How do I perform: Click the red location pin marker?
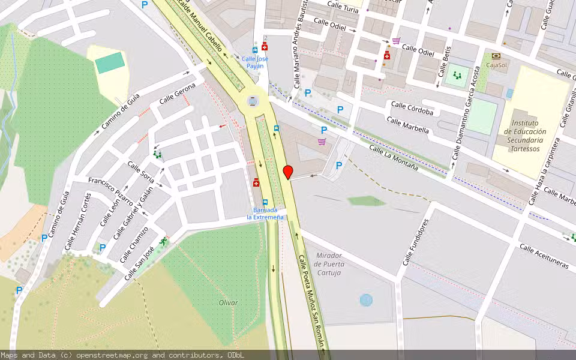pyautogui.click(x=288, y=172)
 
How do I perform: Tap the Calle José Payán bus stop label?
pyautogui.click(x=255, y=62)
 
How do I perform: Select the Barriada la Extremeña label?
pyautogui.click(x=265, y=214)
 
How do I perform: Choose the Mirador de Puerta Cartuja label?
pyautogui.click(x=328, y=264)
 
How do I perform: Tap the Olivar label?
pyautogui.click(x=229, y=303)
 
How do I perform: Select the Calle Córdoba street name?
pyautogui.click(x=412, y=108)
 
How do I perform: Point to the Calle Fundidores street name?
pyautogui.click(x=416, y=242)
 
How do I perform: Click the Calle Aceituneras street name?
pyautogui.click(x=544, y=256)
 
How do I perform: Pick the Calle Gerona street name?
pyautogui.click(x=178, y=94)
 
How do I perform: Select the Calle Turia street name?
pyautogui.click(x=343, y=7)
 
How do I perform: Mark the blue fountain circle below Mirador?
pyautogui.click(x=366, y=299)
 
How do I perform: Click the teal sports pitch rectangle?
pyautogui.click(x=110, y=62)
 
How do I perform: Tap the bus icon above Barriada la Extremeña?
pyautogui.click(x=265, y=202)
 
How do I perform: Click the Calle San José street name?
pyautogui.click(x=140, y=263)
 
